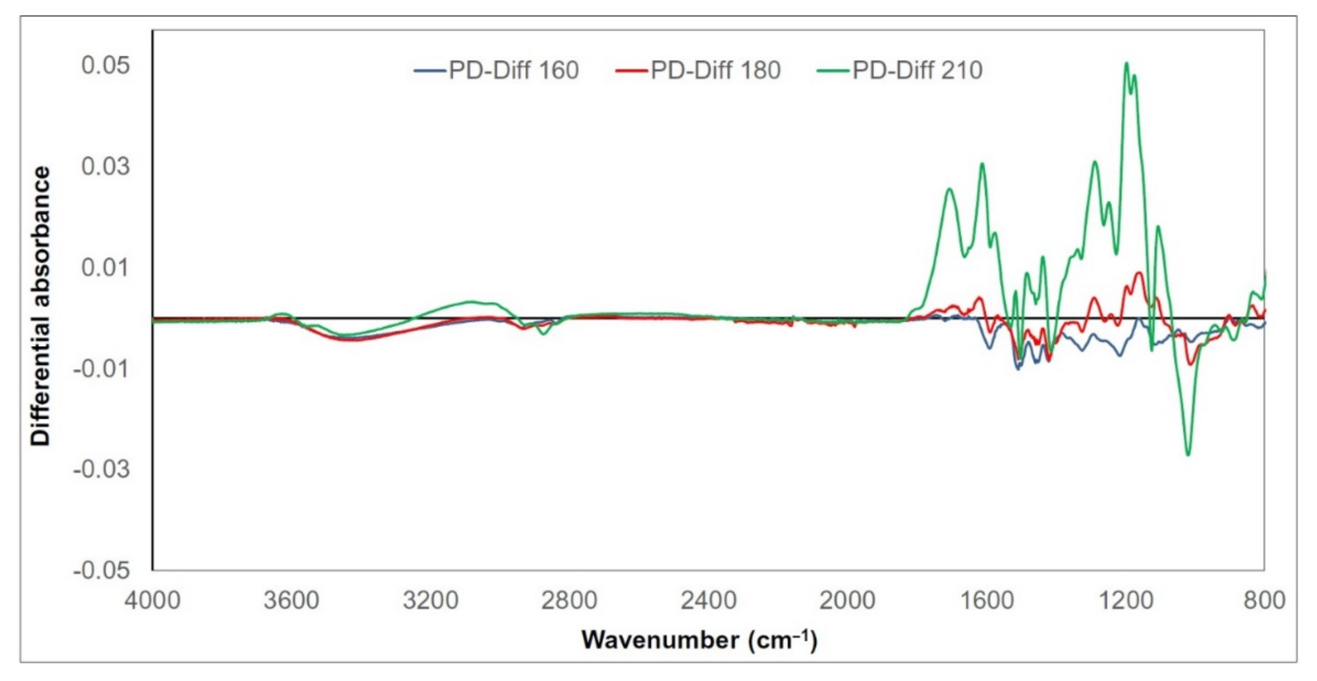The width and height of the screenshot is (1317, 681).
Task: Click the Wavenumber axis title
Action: point(700,640)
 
